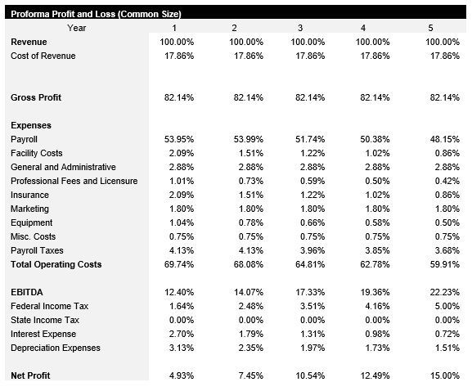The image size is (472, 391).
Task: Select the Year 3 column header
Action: tap(299, 29)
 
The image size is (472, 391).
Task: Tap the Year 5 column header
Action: tap(430, 29)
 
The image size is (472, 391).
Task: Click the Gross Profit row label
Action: tap(37, 98)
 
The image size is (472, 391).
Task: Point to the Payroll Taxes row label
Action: tap(37, 251)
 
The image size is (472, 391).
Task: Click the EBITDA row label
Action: tap(27, 293)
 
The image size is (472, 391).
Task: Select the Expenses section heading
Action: tap(31, 126)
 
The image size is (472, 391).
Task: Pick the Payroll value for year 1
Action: tap(180, 140)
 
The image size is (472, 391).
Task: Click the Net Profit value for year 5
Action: tap(444, 375)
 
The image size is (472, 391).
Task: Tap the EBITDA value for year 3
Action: tap(310, 293)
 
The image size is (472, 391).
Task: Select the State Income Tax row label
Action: tap(45, 321)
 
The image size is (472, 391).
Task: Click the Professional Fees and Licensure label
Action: tap(74, 182)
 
